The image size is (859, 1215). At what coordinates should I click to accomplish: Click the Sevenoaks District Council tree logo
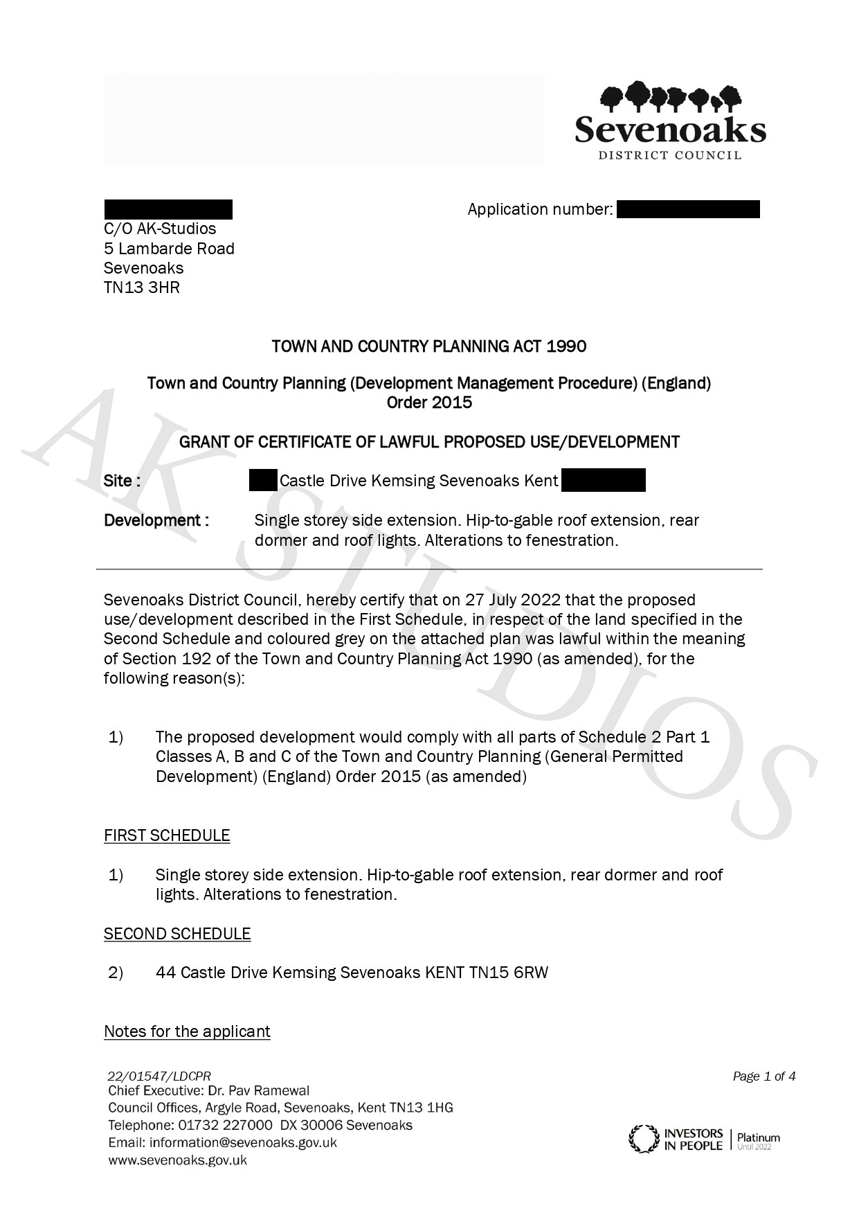(670, 97)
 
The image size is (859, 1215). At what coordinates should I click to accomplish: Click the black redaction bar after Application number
(687, 209)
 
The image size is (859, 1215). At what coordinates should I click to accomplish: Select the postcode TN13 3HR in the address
(142, 287)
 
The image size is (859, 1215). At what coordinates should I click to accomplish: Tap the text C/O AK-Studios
(160, 229)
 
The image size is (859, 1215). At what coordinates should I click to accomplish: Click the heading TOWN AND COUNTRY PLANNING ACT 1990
(429, 346)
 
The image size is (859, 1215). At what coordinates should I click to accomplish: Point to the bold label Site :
(123, 481)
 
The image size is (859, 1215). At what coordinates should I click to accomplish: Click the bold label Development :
(156, 520)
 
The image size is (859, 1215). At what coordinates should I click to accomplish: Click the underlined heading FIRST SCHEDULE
(167, 835)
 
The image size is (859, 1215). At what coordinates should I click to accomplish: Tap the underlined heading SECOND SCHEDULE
(177, 934)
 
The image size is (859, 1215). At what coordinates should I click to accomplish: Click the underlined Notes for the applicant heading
(187, 1031)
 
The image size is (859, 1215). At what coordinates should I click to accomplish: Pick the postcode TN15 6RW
(509, 973)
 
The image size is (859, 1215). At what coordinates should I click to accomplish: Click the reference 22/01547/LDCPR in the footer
(159, 1076)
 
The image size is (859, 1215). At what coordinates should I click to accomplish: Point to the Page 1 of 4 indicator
(764, 1076)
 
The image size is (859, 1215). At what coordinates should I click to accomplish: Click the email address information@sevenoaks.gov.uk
(243, 1143)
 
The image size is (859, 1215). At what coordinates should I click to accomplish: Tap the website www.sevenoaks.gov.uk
(177, 1160)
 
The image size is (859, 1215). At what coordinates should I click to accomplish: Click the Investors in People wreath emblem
(643, 1139)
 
